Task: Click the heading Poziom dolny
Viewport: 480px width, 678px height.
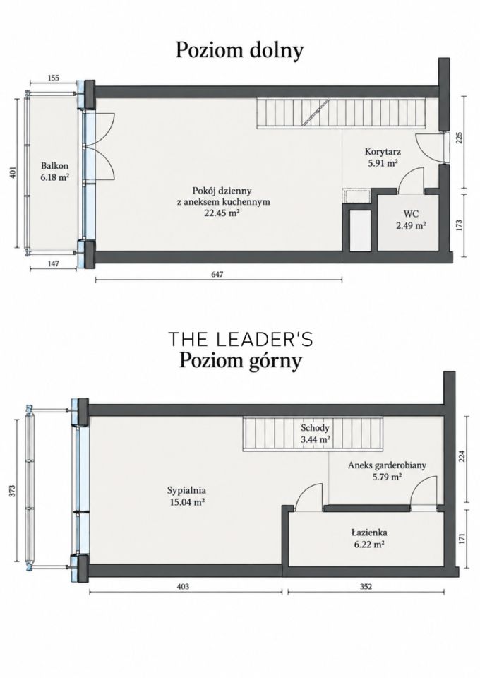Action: click(x=239, y=51)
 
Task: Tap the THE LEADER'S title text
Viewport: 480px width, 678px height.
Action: click(x=240, y=339)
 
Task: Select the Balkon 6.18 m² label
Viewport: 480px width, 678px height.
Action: click(x=55, y=171)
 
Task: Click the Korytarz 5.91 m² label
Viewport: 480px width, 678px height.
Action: click(x=383, y=157)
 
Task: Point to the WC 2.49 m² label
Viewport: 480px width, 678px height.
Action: click(x=411, y=219)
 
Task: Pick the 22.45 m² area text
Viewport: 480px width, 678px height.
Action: click(x=222, y=213)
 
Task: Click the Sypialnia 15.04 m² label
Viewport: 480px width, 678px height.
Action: click(x=186, y=496)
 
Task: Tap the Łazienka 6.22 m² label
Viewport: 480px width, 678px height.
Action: click(x=369, y=538)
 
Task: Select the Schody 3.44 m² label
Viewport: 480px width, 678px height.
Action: click(x=315, y=433)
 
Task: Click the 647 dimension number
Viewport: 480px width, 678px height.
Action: click(x=217, y=274)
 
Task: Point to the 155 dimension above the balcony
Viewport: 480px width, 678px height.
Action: click(x=53, y=78)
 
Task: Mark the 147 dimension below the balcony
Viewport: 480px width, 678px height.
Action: click(x=53, y=263)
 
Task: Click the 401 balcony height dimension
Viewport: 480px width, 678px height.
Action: click(x=13, y=173)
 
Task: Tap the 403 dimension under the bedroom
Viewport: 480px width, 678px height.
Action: click(x=184, y=586)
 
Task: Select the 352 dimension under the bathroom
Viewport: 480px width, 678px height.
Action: click(x=366, y=586)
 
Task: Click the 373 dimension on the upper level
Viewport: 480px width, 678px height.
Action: click(x=13, y=490)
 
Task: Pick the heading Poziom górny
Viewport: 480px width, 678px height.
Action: click(x=240, y=361)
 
